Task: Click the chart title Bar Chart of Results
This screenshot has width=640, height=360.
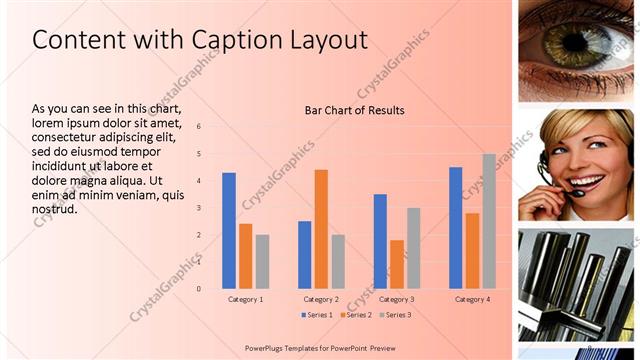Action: (x=354, y=110)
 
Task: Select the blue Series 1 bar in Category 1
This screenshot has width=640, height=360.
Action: (x=229, y=230)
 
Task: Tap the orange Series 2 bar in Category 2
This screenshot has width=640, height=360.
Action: (x=321, y=229)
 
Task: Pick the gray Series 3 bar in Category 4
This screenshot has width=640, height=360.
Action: (x=488, y=221)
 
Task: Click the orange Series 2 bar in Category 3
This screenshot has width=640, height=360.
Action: (x=397, y=264)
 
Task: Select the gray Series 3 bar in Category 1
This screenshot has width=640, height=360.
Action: (x=262, y=261)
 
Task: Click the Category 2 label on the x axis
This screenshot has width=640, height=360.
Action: (x=321, y=299)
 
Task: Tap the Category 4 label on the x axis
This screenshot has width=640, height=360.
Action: (x=471, y=299)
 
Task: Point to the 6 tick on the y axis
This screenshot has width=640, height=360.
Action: (x=199, y=127)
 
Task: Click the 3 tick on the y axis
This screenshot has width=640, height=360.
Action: (x=199, y=208)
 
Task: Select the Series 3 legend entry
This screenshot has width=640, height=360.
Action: (x=396, y=315)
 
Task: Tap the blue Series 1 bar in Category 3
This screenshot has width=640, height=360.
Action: (x=380, y=241)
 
